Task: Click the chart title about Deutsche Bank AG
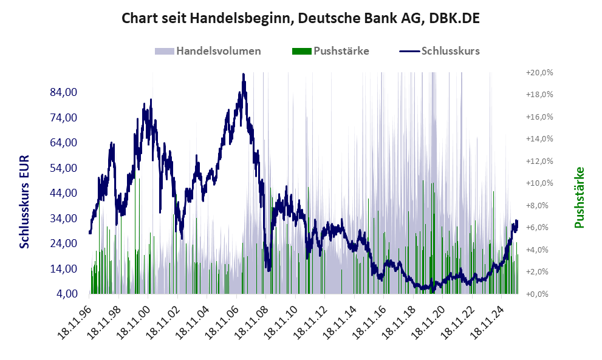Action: click(301, 18)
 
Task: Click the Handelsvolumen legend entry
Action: click(208, 51)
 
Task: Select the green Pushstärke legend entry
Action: click(331, 51)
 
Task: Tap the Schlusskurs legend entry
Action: click(440, 51)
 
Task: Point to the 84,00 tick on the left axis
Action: click(63, 92)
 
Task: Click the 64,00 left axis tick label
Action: click(63, 143)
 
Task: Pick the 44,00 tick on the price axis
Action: click(63, 193)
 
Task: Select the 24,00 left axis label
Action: click(63, 243)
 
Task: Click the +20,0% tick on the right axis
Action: click(539, 73)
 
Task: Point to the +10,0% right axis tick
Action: click(539, 183)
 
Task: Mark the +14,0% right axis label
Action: click(539, 139)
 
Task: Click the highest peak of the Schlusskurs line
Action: click(243, 75)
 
